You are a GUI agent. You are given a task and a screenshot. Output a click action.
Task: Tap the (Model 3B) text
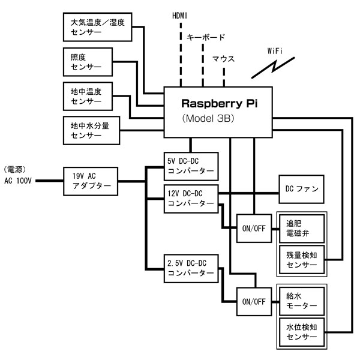pos(208,119)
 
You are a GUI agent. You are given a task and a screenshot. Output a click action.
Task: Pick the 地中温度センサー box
pos(89,97)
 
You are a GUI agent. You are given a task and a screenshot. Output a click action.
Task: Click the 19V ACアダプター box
pos(91,179)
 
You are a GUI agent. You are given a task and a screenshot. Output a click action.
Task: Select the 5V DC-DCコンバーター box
pos(190,166)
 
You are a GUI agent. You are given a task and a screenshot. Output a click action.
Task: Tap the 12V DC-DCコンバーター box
pos(190,199)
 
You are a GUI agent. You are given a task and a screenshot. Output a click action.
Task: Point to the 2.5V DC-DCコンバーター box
pos(190,268)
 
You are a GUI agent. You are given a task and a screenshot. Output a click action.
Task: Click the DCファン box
pos(302,190)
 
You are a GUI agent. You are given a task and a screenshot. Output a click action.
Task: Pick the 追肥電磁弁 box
pos(302,227)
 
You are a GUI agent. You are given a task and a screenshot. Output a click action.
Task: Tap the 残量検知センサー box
pos(302,260)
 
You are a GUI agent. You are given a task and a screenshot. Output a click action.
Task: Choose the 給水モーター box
pos(302,301)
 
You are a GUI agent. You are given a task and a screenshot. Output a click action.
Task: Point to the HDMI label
pos(180,14)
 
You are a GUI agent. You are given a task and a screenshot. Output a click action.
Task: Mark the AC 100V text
pos(19,179)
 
